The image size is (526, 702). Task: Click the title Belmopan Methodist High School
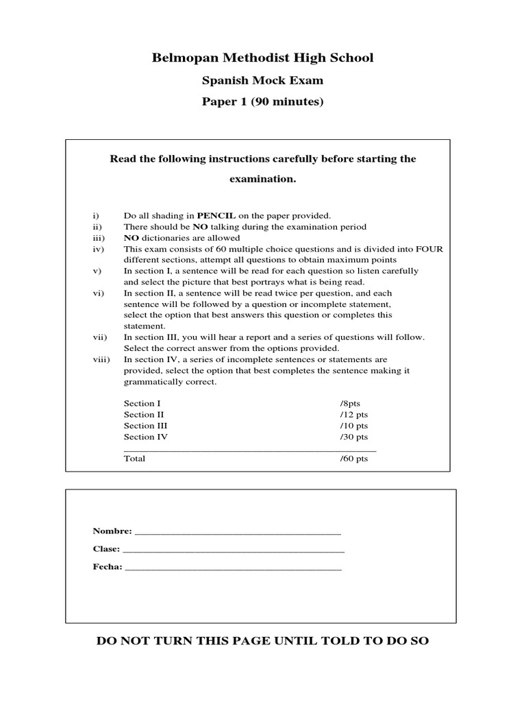263,58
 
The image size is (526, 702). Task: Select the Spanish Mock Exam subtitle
263,80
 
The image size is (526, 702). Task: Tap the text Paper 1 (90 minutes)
263,102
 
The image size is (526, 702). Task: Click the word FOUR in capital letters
427,249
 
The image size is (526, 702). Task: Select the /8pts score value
350,404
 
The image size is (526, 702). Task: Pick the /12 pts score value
353,415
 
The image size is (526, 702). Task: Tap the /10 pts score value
353,426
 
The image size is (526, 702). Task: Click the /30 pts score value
353,437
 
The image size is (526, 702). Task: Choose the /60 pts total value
353,459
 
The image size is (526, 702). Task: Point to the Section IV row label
145,437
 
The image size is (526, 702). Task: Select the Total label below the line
134,459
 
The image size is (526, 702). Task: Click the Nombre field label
112,531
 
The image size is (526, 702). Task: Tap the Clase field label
106,549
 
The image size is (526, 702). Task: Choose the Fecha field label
108,567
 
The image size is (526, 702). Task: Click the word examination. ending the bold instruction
263,179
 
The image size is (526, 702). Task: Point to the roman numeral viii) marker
100,359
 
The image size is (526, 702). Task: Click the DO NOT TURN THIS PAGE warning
263,641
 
